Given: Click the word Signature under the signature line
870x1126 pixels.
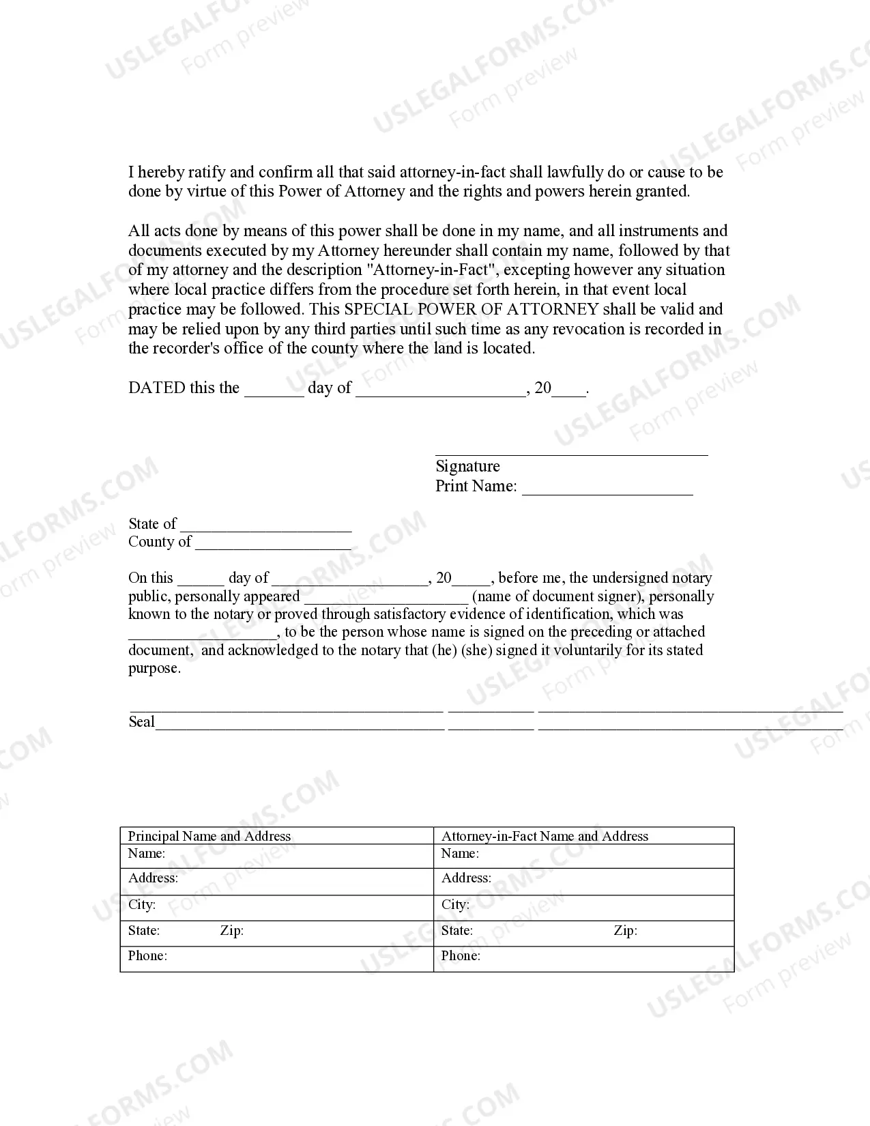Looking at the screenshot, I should click(467, 466).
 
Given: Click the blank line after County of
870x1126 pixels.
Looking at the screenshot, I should click(273, 543).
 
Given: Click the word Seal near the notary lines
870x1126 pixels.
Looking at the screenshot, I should click(141, 722).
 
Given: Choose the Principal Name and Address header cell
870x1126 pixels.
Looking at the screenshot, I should click(209, 836).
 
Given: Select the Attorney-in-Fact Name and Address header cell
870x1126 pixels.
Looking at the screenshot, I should click(545, 836).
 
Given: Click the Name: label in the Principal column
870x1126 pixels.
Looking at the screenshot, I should click(146, 853).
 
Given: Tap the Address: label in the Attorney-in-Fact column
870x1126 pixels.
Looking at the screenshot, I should click(466, 878).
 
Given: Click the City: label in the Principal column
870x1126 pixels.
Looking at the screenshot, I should click(142, 905).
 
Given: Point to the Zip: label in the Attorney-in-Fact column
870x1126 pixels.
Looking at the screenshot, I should click(625, 931).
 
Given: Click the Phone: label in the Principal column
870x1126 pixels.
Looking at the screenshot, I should click(147, 956).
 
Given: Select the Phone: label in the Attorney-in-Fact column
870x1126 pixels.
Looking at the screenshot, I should click(461, 956).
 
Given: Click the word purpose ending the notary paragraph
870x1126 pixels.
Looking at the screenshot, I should click(154, 669).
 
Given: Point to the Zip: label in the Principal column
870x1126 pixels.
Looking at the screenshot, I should click(231, 931).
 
